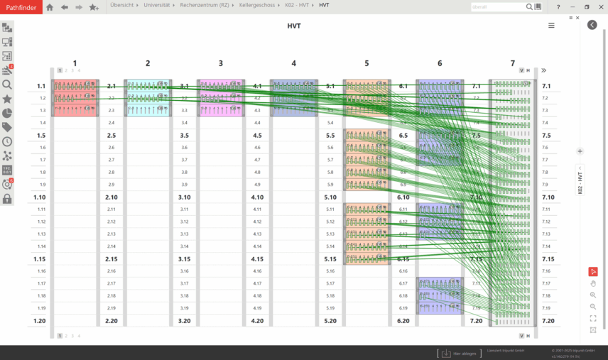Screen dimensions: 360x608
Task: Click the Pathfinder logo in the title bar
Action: point(21,6)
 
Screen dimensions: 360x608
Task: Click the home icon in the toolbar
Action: point(50,7)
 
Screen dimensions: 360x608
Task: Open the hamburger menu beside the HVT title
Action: point(551,26)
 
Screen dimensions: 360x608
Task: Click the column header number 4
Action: point(293,64)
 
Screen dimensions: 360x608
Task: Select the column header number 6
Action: point(440,64)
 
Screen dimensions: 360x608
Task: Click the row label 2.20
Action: point(112,321)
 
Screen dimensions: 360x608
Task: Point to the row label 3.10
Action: point(185,197)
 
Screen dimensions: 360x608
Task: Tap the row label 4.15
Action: point(257,259)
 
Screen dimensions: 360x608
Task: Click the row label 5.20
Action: point(330,321)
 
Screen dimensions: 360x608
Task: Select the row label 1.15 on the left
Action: point(40,259)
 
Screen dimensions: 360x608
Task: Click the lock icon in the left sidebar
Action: point(7,199)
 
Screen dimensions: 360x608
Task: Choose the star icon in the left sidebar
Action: point(7,99)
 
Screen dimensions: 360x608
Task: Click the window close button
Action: point(599,6)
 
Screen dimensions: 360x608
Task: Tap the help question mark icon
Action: point(558,6)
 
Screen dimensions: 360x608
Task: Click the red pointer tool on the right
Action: point(593,271)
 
